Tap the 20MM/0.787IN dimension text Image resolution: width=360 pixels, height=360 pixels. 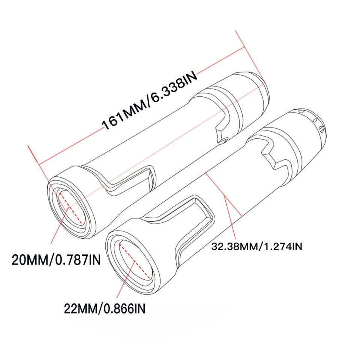coord(56,259)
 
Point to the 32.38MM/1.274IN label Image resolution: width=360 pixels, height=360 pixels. coord(257,246)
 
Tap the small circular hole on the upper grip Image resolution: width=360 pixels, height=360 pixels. coord(224,140)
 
